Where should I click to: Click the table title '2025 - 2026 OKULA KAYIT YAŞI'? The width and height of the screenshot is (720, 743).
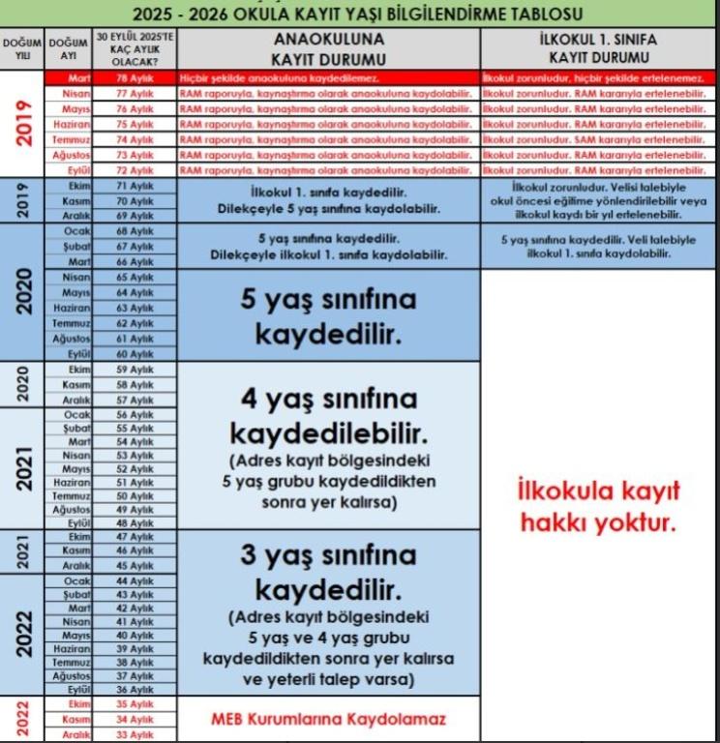pyautogui.click(x=359, y=15)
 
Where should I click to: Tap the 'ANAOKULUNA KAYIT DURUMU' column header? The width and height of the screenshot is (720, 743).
pyautogui.click(x=328, y=48)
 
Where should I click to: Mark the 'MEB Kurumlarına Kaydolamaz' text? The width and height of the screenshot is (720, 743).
pyautogui.click(x=328, y=720)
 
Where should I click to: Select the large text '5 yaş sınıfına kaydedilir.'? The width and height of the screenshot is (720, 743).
pyautogui.click(x=328, y=316)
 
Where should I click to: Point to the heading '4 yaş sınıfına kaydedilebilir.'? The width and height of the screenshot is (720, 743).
pyautogui.click(x=328, y=413)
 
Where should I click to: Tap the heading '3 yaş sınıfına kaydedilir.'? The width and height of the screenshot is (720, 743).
pyautogui.click(x=328, y=572)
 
